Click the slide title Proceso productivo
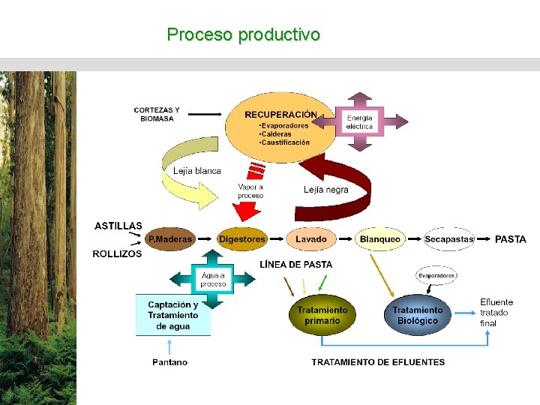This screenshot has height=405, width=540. click(244, 34)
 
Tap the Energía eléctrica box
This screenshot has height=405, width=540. click(359, 122)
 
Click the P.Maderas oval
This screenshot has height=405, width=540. click(169, 239)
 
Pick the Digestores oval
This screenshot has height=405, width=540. click(241, 239)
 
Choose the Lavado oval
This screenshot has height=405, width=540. click(310, 239)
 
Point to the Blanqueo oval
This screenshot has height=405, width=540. click(379, 239)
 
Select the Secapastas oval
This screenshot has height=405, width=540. click(449, 239)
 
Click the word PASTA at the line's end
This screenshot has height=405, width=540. click(510, 239)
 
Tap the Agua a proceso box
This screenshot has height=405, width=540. click(213, 280)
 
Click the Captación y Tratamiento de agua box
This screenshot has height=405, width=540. click(173, 315)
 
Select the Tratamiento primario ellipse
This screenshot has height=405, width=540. click(322, 315)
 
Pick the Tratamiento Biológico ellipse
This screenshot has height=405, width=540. click(417, 315)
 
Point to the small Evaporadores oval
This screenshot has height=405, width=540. click(436, 276)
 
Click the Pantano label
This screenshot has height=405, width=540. click(170, 362)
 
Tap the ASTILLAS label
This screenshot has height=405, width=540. click(118, 226)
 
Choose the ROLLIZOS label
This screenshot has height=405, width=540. click(117, 254)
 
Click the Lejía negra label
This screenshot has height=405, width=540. click(326, 190)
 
